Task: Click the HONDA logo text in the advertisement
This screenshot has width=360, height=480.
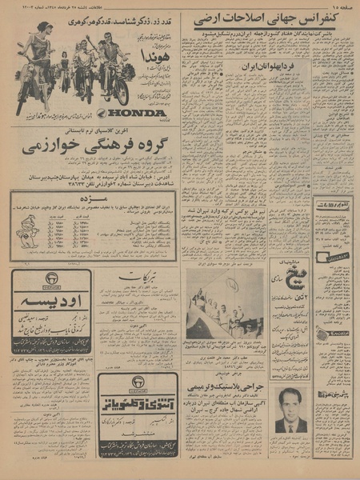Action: [x=133, y=113]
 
